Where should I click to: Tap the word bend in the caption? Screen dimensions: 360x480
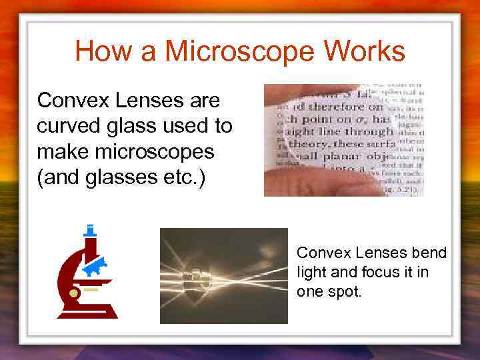(x=430, y=253)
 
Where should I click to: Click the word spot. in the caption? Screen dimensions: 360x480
(x=343, y=291)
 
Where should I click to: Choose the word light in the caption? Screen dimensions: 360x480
(x=310, y=272)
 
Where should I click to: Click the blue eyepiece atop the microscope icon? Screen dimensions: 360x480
(x=89, y=231)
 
